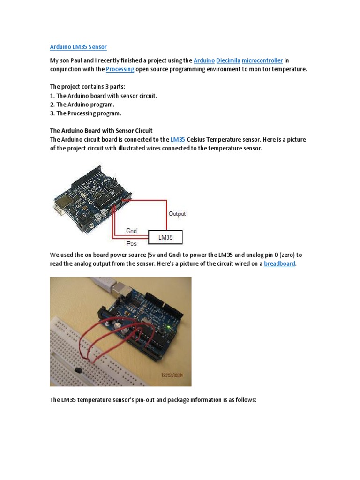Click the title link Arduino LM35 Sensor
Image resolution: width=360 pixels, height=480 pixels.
[x=78, y=47]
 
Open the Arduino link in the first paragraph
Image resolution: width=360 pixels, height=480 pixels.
[x=204, y=60]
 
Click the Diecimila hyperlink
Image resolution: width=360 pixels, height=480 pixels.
[x=228, y=60]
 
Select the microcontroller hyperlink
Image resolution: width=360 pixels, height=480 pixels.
[x=262, y=60]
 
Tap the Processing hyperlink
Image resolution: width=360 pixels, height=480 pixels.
[x=120, y=69]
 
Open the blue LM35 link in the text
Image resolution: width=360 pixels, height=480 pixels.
[x=178, y=140]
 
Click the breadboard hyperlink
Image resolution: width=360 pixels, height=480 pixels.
[x=280, y=264]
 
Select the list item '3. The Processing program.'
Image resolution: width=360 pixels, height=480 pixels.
[x=86, y=113]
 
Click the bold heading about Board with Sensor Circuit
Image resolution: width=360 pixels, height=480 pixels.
[x=101, y=131]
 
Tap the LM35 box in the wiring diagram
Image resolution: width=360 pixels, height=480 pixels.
[x=165, y=238]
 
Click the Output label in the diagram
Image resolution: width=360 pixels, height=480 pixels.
[x=177, y=214]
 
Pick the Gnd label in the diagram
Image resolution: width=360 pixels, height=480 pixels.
[x=132, y=231]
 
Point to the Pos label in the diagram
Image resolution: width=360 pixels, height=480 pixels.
[x=132, y=244]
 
